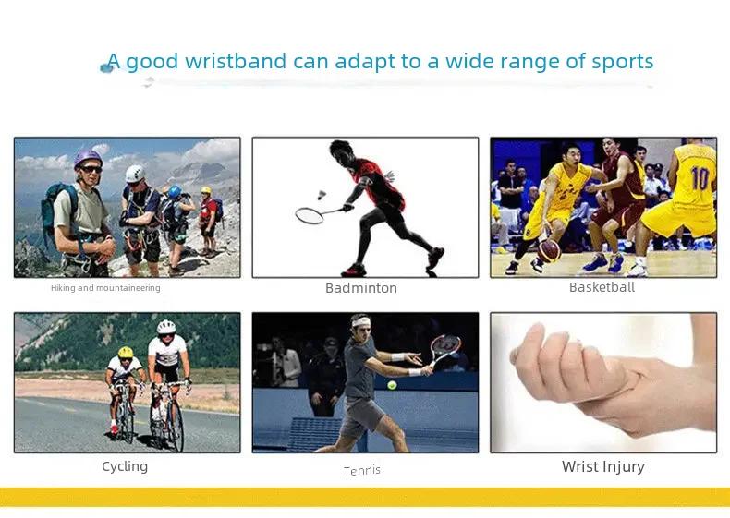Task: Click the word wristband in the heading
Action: pos(236,61)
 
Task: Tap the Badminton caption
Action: pos(361,288)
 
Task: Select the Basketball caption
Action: pos(602,287)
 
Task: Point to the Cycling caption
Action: pos(125,466)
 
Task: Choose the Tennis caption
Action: pos(361,471)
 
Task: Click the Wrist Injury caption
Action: pos(603,466)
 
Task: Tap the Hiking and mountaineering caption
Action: pos(105,288)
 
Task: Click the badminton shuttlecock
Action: pos(321,194)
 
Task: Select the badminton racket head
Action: pos(310,216)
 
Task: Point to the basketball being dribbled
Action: pos(549,251)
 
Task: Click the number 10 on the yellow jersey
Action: pos(700,179)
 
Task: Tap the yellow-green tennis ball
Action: pos(392,385)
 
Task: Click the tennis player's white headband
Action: pos(360,321)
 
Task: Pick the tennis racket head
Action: pos(445,346)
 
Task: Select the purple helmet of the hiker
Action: pos(88,158)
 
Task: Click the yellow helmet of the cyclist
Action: pos(126,352)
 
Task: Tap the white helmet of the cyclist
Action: pos(166,327)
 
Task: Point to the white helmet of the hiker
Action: pos(135,174)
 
